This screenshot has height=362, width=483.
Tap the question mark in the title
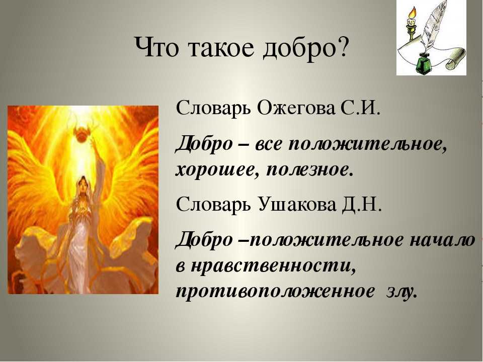point(342,46)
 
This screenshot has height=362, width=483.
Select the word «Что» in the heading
point(156,47)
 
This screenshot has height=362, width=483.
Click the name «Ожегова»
point(296,109)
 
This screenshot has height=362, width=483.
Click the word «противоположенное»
point(274,292)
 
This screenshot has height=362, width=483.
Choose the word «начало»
point(441,241)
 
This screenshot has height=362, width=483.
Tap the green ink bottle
point(426,63)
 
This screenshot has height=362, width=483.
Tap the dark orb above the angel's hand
point(82,135)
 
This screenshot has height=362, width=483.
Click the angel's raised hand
point(94,145)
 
